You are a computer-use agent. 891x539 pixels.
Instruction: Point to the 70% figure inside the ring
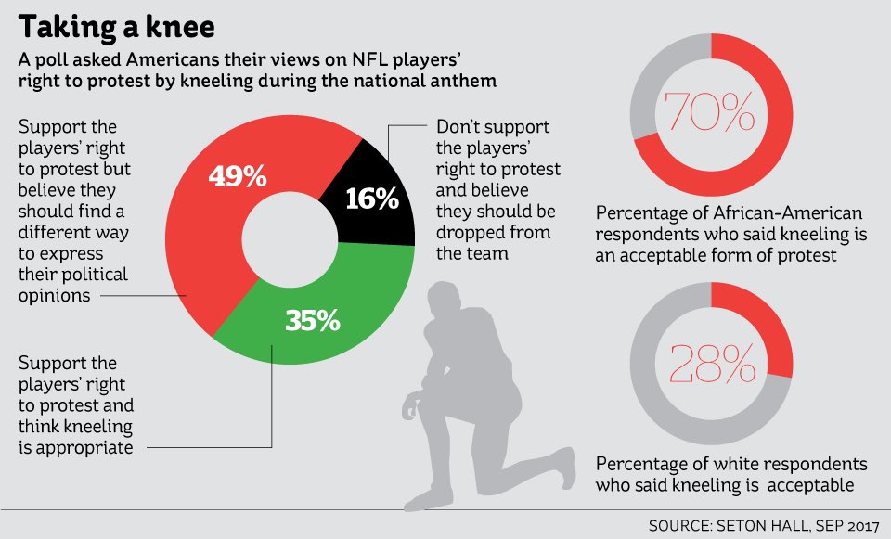point(710,114)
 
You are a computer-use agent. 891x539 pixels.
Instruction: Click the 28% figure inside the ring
point(710,363)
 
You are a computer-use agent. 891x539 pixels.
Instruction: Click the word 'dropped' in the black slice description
point(471,232)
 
